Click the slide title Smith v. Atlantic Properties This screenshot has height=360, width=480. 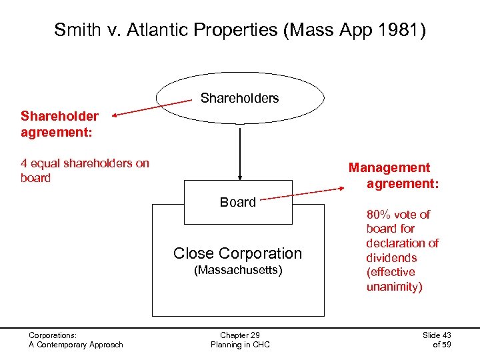click(239, 29)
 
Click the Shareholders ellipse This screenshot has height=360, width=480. click(239, 98)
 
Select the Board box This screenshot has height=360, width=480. click(238, 202)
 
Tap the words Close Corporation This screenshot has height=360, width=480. click(237, 253)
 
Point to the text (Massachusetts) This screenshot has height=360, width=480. click(238, 271)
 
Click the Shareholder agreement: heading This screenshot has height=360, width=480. click(59, 124)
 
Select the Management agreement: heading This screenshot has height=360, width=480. click(393, 175)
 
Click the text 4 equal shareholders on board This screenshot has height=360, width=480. click(85, 170)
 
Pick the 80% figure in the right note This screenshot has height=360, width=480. click(379, 215)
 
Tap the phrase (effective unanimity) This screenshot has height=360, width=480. click(393, 279)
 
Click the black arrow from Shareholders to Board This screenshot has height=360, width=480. click(239, 153)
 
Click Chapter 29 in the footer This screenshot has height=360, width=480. click(239, 335)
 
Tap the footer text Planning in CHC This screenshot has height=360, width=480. click(239, 345)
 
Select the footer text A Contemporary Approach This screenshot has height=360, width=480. click(75, 345)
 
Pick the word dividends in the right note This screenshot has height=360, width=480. click(391, 257)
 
